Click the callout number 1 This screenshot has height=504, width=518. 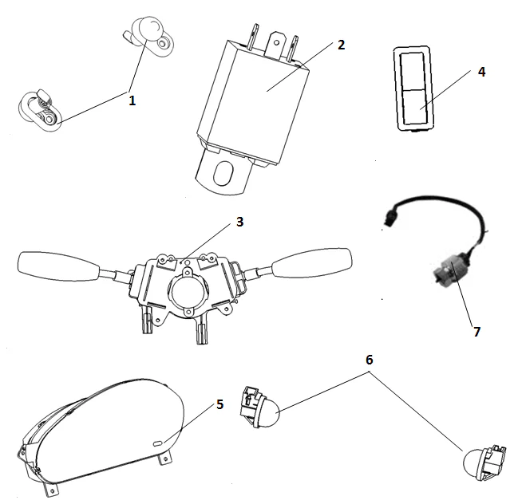(x=132, y=100)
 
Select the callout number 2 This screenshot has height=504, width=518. (x=341, y=45)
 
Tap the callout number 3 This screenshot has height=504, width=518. (x=239, y=222)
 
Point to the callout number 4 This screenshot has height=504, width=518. (x=481, y=71)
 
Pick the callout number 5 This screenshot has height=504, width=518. (x=219, y=404)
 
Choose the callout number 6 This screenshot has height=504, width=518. (x=369, y=360)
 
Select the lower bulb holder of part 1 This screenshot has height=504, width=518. (x=39, y=109)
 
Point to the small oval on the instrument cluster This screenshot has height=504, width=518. (x=157, y=441)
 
